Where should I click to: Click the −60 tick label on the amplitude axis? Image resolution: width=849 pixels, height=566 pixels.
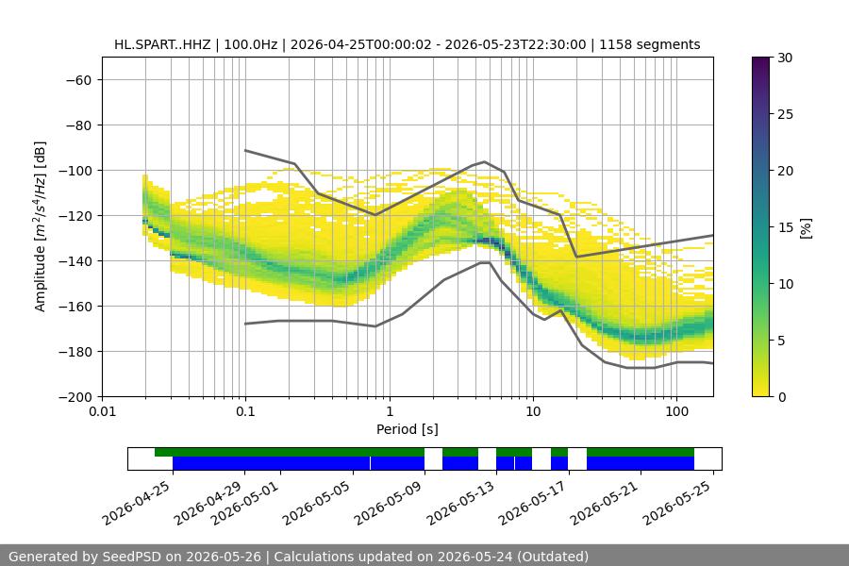tap(79, 80)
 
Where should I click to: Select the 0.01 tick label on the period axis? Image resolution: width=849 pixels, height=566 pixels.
tap(102, 411)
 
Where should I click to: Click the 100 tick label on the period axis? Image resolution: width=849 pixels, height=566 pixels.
tap(676, 411)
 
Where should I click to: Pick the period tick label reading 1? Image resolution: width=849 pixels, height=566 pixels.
tap(390, 411)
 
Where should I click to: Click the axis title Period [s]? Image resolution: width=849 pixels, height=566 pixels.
tap(408, 429)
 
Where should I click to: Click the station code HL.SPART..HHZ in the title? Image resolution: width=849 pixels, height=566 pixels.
tap(162, 44)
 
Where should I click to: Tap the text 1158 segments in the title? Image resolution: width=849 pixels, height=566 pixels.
tap(650, 44)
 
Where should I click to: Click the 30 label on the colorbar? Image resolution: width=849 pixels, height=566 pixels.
tap(785, 58)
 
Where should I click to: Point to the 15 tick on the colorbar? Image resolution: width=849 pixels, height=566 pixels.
tap(785, 227)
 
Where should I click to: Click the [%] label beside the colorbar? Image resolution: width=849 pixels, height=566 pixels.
tap(807, 228)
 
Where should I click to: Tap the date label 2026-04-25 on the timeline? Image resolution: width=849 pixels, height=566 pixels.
tap(137, 503)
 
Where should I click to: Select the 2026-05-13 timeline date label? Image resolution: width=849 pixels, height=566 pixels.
tap(460, 503)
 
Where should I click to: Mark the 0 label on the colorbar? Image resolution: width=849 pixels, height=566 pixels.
tap(781, 397)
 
